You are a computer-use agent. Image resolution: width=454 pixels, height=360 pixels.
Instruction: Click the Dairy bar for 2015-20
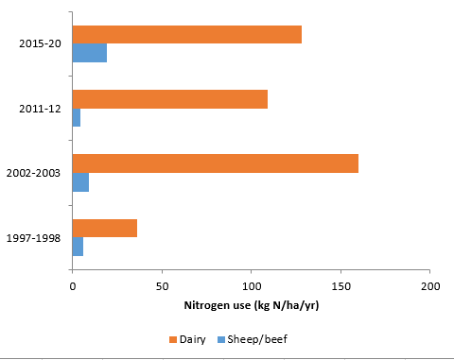click(x=186, y=34)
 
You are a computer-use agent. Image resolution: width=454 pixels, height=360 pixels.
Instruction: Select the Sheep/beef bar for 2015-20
click(x=90, y=53)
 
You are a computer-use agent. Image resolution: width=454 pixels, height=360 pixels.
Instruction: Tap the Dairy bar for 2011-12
click(x=169, y=98)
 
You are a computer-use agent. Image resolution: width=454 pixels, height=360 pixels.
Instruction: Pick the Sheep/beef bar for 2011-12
click(x=77, y=117)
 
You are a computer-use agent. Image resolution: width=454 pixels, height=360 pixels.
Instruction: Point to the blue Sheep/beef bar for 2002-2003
click(x=80, y=181)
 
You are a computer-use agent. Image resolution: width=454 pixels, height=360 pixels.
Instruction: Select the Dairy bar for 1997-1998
click(x=105, y=228)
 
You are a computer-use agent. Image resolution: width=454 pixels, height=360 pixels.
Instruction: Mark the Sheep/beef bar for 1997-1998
click(x=78, y=247)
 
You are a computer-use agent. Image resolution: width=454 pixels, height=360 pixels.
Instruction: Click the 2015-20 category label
click(x=41, y=43)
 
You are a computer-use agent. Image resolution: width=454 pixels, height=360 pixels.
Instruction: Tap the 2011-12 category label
click(x=41, y=108)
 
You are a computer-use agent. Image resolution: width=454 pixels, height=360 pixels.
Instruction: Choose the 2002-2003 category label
click(x=33, y=172)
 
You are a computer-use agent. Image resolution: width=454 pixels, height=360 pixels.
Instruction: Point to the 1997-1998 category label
click(x=33, y=237)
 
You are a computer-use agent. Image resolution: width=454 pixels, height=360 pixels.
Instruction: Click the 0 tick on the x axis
click(x=73, y=284)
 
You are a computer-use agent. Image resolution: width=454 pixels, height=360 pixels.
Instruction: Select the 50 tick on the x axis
click(x=162, y=284)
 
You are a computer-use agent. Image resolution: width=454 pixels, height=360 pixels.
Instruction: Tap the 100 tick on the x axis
click(x=252, y=284)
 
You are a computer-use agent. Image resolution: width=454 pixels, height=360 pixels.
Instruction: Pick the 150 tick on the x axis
click(x=341, y=284)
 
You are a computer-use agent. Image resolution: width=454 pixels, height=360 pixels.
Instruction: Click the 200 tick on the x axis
click(x=430, y=284)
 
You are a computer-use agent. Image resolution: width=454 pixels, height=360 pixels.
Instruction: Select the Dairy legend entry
click(x=187, y=339)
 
